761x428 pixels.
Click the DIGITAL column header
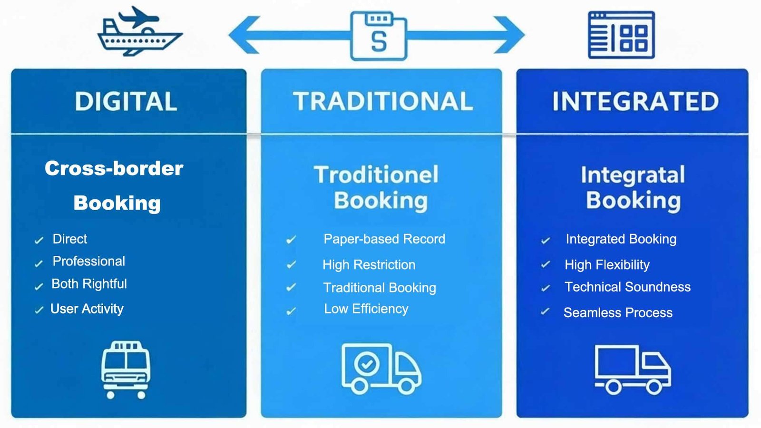click(x=126, y=102)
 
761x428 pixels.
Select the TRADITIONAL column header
click(x=383, y=102)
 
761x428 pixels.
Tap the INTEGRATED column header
click(x=635, y=102)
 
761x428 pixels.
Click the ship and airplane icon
click(x=138, y=32)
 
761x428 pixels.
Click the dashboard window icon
click(x=621, y=35)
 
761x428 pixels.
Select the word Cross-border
click(x=114, y=168)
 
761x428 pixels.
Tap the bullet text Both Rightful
click(x=89, y=284)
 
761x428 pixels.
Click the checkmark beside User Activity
click(x=39, y=311)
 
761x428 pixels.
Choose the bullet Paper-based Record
click(x=384, y=239)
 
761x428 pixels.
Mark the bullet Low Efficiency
click(x=366, y=309)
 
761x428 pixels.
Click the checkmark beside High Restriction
click(x=291, y=264)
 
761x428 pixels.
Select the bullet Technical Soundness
click(x=627, y=287)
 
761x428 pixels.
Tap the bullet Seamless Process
click(x=618, y=312)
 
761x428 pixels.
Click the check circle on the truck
click(x=366, y=365)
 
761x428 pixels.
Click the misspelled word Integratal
click(x=633, y=175)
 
